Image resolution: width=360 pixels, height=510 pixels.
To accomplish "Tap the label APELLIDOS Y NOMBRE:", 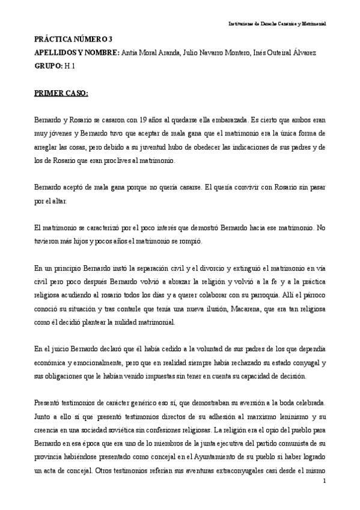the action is pos(76,53).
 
